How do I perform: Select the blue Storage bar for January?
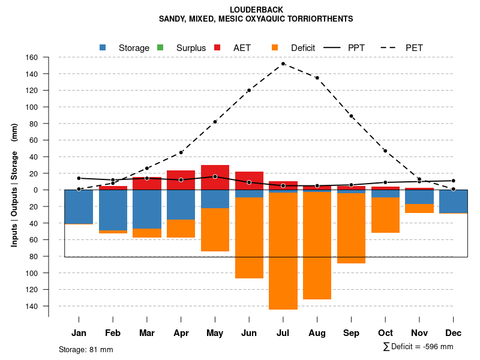[79, 207]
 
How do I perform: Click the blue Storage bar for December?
[453, 202]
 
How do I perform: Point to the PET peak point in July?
[283, 64]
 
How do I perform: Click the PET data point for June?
[249, 91]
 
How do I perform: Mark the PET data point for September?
[351, 116]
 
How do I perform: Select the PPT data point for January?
[79, 178]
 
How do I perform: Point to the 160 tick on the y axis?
[32, 58]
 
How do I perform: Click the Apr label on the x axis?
[181, 333]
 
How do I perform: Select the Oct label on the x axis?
[385, 333]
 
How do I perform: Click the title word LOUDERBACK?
[256, 10]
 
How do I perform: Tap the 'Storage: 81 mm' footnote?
[86, 349]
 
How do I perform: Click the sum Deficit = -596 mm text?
[418, 347]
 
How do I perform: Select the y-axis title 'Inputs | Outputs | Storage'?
[14, 198]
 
